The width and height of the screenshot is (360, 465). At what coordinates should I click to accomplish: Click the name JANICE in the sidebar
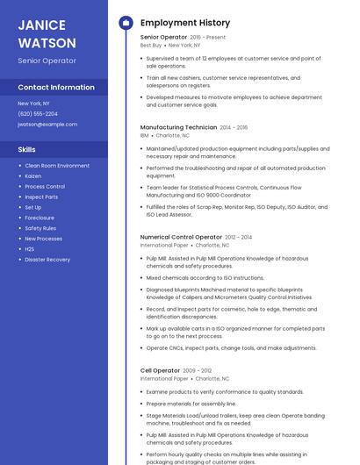click(40, 24)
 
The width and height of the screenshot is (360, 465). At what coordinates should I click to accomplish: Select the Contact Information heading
click(56, 88)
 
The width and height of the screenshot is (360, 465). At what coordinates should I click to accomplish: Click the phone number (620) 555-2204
click(38, 113)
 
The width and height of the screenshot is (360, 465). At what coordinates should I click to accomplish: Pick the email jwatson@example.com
click(47, 124)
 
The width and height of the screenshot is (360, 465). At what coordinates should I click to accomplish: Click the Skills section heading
click(27, 149)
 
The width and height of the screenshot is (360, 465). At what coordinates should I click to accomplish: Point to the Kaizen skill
click(32, 175)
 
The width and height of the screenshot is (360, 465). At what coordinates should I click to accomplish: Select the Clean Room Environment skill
click(57, 165)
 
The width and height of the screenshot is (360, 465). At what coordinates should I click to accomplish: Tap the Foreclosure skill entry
click(40, 218)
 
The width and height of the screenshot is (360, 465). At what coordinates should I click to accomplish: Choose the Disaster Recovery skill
click(47, 260)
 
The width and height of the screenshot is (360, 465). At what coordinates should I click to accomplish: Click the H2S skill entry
click(30, 249)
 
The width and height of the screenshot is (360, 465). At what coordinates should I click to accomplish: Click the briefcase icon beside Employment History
click(126, 23)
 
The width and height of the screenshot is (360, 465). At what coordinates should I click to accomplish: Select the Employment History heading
click(185, 23)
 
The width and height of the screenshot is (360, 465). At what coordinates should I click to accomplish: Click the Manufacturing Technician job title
click(178, 127)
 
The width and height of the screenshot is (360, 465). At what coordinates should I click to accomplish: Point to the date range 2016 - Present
click(208, 38)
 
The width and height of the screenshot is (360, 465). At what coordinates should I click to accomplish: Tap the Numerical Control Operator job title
click(181, 237)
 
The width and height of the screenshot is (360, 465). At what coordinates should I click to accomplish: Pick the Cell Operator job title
click(160, 370)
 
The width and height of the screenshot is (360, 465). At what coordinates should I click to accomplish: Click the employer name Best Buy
click(151, 46)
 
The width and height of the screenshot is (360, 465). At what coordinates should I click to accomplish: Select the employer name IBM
click(145, 136)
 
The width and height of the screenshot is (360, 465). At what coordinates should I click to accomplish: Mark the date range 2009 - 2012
click(198, 370)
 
